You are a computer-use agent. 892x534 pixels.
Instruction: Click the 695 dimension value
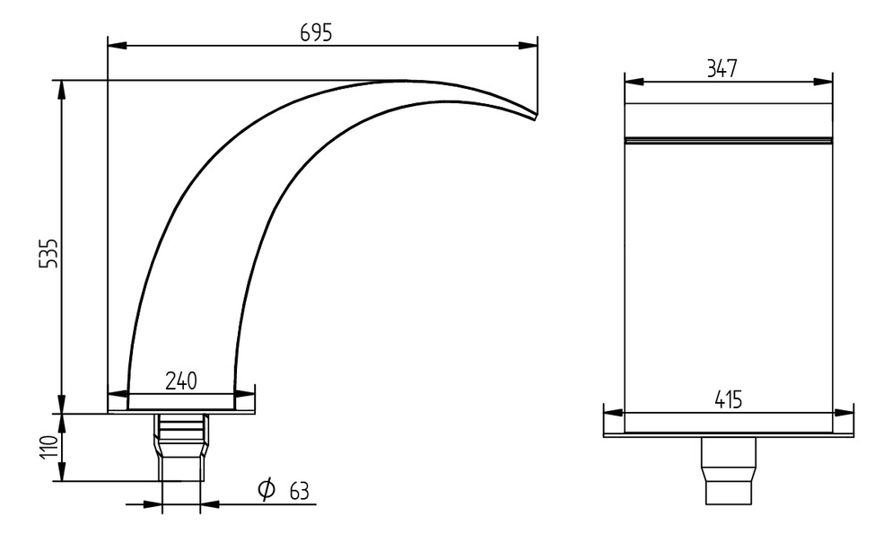click(x=316, y=33)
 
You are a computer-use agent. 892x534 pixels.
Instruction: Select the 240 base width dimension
click(x=180, y=381)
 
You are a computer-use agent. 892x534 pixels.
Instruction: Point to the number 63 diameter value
click(x=299, y=490)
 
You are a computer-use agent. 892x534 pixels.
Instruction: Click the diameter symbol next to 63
click(x=267, y=489)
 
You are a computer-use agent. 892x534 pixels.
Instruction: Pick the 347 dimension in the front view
click(x=721, y=69)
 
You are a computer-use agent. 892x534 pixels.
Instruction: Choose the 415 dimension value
click(x=728, y=400)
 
